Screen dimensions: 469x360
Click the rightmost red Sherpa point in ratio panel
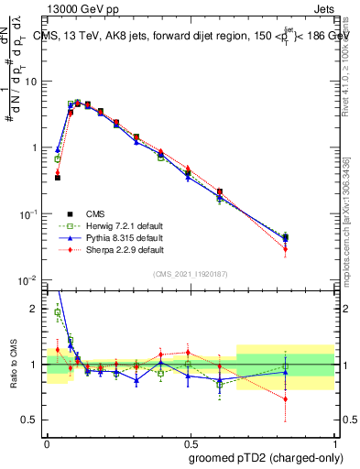(286, 398)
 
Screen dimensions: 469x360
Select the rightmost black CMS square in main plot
(286, 238)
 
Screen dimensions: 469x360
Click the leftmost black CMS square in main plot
(58, 177)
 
